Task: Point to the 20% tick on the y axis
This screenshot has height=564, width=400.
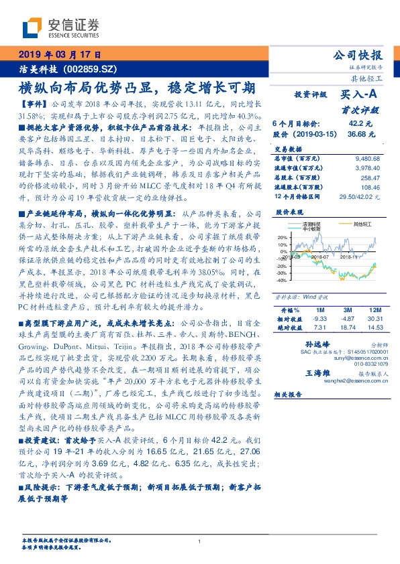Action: (x=282, y=237)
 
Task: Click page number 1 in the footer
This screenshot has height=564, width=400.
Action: (x=199, y=541)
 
